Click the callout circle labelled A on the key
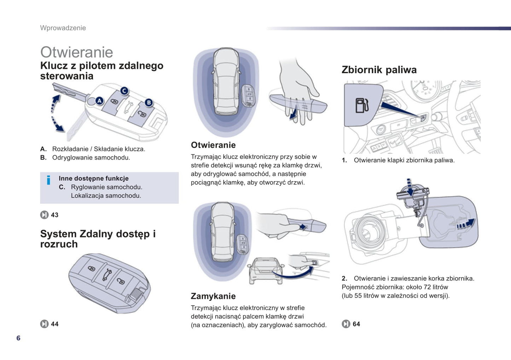[x=99, y=101]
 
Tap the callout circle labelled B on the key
[x=149, y=102]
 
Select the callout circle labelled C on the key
[x=124, y=91]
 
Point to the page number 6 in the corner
[x=18, y=338]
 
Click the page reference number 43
[x=55, y=215]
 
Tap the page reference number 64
[x=356, y=324]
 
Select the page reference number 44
[x=55, y=324]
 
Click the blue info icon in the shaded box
[x=48, y=180]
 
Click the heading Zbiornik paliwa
[x=379, y=70]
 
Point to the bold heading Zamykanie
[x=213, y=296]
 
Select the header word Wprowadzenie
[x=63, y=28]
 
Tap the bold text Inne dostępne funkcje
[x=93, y=178]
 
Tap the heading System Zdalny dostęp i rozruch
[x=98, y=239]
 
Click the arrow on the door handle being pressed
[x=302, y=227]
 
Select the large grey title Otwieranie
[x=77, y=52]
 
